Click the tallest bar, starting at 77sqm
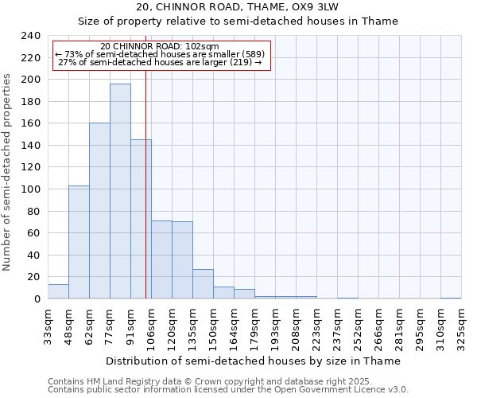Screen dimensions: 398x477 pos(120,191)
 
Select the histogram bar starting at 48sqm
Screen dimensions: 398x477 pos(79,242)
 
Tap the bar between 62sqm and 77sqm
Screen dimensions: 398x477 pos(99,211)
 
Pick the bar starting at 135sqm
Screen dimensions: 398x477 pos(203,284)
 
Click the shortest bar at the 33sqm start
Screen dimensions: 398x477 pos(58,291)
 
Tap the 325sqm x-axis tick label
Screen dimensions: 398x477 pos(461,326)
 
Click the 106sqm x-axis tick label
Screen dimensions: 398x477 pos(151,326)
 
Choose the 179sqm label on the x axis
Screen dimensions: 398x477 pos(254,326)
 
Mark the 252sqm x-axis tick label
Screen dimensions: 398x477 pos(358,326)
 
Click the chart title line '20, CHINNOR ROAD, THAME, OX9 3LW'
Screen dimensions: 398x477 pos(238,7)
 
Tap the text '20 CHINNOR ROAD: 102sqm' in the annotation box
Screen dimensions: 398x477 pos(161,47)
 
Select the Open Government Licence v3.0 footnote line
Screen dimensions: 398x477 pos(228,390)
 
